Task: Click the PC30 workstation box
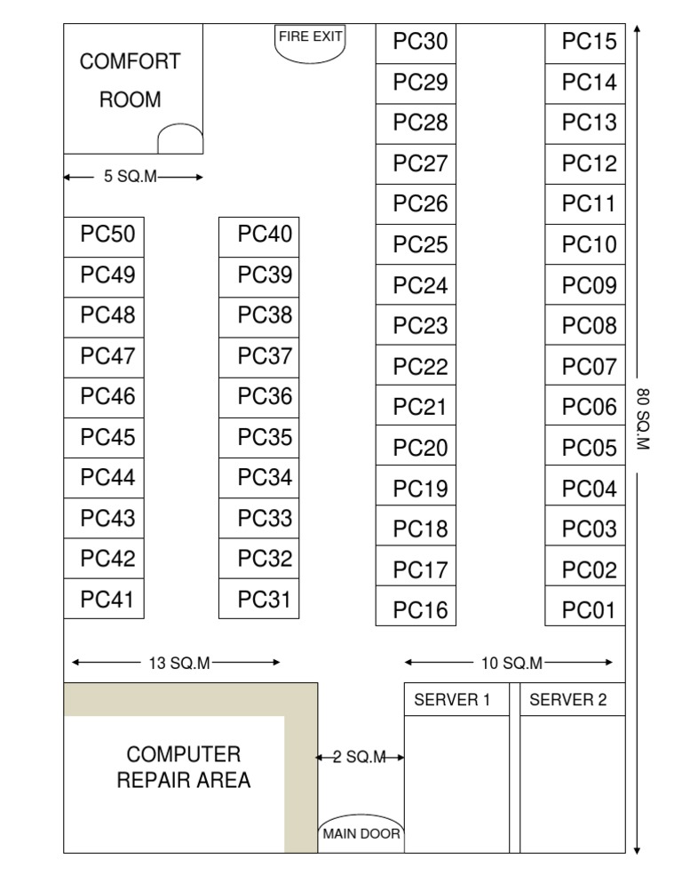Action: coord(416,43)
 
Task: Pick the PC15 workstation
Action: coord(586,43)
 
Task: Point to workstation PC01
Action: coord(586,610)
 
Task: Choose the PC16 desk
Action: coord(416,610)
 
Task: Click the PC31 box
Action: coord(259,600)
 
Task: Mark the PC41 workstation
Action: coord(104,600)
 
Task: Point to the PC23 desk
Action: coord(416,326)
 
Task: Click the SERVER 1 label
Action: coord(452,700)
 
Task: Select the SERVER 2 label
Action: coord(568,700)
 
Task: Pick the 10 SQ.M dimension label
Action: coord(511,663)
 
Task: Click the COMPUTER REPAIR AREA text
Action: coord(184,768)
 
